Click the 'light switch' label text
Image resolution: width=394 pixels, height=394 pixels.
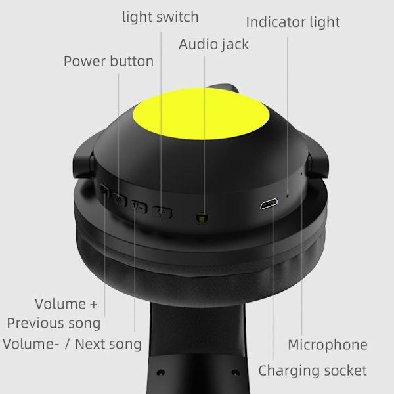[160, 17]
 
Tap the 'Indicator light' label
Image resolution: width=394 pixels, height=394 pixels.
[293, 22]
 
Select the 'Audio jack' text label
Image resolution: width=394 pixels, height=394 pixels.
[213, 45]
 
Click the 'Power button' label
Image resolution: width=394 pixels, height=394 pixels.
[108, 61]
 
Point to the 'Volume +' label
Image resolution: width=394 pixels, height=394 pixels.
[66, 304]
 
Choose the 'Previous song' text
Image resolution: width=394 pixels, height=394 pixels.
[54, 323]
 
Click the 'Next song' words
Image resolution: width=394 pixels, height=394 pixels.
[108, 344]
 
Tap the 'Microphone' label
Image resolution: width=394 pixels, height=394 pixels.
[328, 345]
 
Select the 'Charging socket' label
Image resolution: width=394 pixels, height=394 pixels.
[313, 370]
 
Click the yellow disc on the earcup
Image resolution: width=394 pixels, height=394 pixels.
[202, 114]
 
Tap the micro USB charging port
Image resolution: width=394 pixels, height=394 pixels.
[269, 204]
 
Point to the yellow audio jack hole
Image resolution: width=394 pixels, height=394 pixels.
[202, 217]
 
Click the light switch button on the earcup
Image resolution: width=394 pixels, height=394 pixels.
[162, 212]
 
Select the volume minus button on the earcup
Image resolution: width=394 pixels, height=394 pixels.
[139, 207]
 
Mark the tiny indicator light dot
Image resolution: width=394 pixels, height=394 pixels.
[288, 195]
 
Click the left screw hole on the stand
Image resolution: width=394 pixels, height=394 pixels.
[161, 372]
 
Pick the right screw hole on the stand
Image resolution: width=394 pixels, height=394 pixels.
[236, 372]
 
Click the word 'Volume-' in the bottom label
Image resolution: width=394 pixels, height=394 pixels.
[31, 344]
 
